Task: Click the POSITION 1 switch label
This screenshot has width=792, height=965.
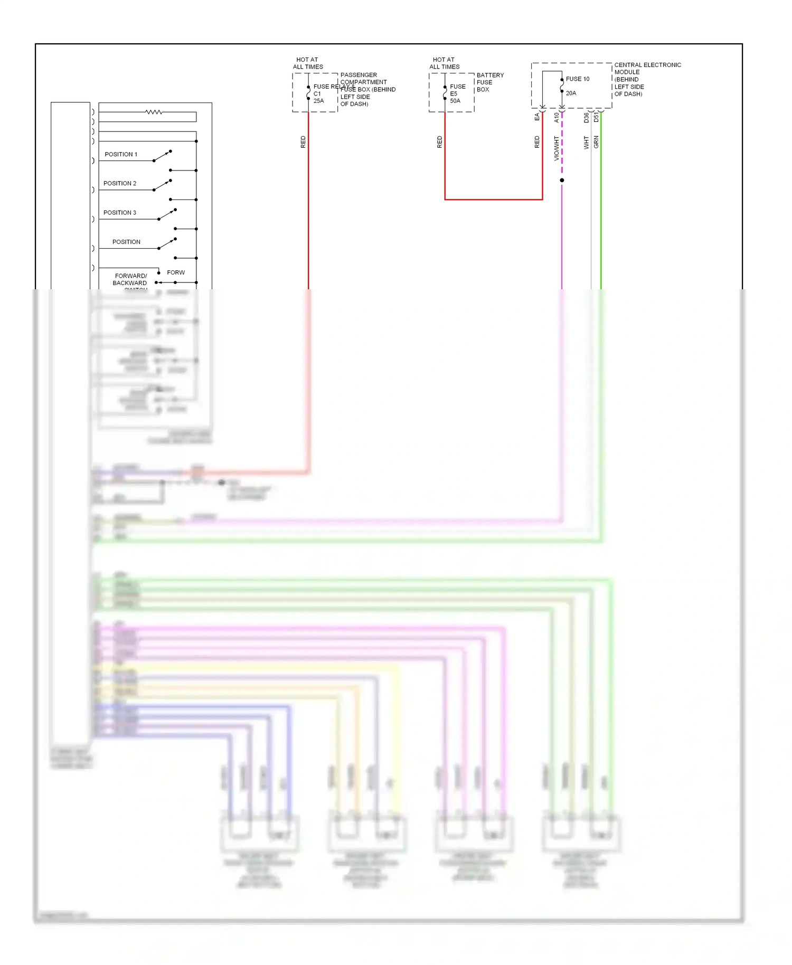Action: pos(121,154)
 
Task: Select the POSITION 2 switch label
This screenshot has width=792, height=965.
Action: pos(120,183)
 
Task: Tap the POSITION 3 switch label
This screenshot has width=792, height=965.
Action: pos(120,213)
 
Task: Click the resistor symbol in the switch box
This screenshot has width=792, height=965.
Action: pos(154,112)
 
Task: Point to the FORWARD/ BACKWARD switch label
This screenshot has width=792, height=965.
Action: pos(130,279)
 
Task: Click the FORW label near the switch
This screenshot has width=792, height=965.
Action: pos(176,272)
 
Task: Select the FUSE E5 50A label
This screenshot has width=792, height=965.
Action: pos(457,93)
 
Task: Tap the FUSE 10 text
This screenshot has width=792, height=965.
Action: pos(578,79)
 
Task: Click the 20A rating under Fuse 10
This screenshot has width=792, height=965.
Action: pos(571,93)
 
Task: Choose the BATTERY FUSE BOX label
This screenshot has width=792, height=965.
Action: pos(489,82)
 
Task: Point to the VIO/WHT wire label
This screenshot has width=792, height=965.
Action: pos(556,148)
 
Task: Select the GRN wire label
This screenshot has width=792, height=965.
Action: pos(596,141)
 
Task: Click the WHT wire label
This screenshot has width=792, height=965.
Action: pos(586,143)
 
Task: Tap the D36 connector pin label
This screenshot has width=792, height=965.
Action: pos(586,118)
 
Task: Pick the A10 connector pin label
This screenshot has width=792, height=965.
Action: pos(556,117)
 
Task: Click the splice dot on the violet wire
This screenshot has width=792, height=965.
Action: pos(562,180)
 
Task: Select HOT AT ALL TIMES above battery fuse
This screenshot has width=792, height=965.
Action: pos(444,63)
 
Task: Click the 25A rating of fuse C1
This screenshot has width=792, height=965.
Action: pos(318,101)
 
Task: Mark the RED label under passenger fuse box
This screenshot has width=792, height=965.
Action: pos(303,141)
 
